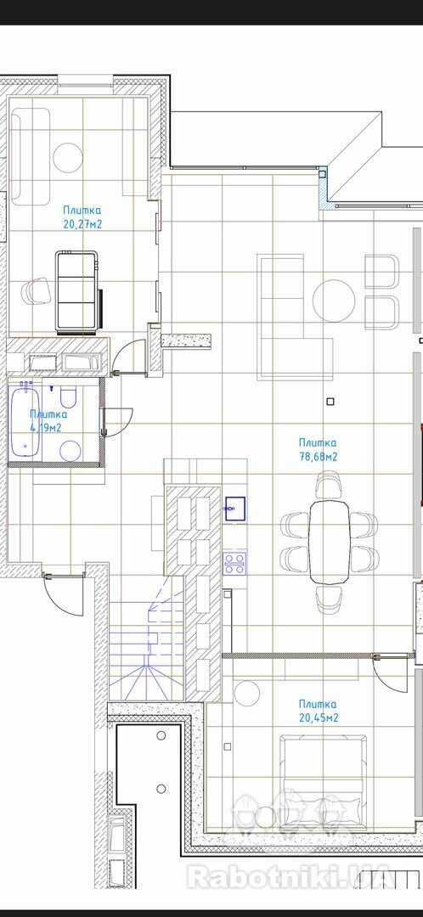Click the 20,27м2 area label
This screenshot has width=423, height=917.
(x=82, y=222)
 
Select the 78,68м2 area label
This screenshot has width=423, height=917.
(x=318, y=457)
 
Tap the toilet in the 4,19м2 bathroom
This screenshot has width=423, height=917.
(x=68, y=397)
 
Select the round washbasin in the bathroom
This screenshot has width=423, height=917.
(x=70, y=452)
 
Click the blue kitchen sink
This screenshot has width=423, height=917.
(x=235, y=509)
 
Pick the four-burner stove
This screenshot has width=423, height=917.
(x=234, y=563)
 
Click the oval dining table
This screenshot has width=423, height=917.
(x=330, y=541)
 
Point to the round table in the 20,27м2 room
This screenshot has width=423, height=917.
(x=69, y=158)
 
